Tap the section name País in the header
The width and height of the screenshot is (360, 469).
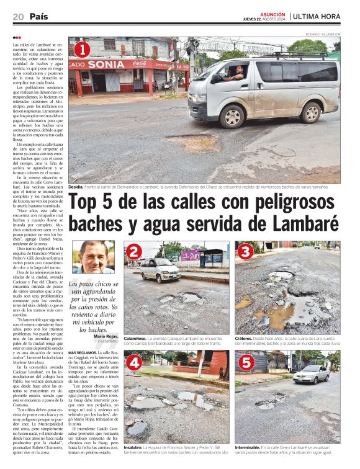tap(38, 17)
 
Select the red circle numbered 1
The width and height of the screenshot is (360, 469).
tap(82, 49)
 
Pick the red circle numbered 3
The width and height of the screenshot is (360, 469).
tap(245, 251)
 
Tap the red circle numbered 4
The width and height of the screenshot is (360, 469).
tap(133, 364)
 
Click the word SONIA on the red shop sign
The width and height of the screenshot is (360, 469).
tap(106, 65)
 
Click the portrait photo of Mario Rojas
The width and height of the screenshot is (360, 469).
tap(93, 257)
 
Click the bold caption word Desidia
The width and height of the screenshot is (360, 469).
tap(76, 187)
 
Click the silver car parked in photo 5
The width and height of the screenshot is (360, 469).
tap(311, 374)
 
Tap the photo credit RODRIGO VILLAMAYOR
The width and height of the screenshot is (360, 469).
tap(323, 33)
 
